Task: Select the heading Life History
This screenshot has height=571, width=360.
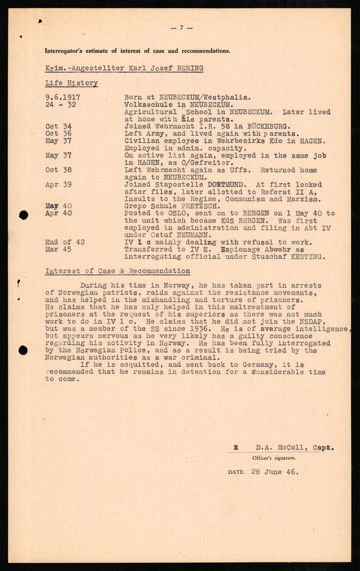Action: pyautogui.click(x=71, y=83)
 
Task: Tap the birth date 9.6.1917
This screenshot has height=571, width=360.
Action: pyautogui.click(x=62, y=97)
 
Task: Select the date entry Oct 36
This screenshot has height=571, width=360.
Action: pyautogui.click(x=59, y=133)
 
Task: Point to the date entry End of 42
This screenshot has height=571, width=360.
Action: pyautogui.click(x=65, y=242)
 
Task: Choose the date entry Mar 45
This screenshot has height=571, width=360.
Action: pyautogui.click(x=59, y=249)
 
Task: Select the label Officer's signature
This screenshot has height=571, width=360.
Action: pyautogui.click(x=274, y=458)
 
